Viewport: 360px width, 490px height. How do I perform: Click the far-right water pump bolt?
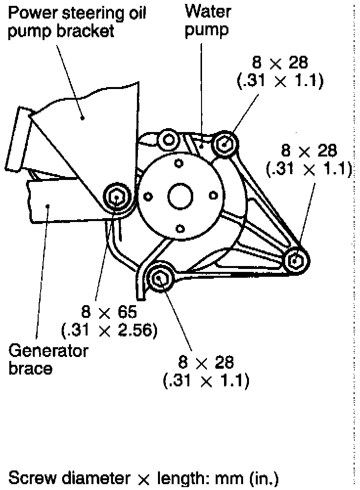pos(295,259)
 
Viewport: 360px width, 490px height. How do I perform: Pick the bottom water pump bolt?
pos(159,278)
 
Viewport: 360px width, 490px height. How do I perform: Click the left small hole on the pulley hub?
pos(148,197)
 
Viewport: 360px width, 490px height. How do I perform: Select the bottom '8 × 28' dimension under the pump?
pos(206,362)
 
